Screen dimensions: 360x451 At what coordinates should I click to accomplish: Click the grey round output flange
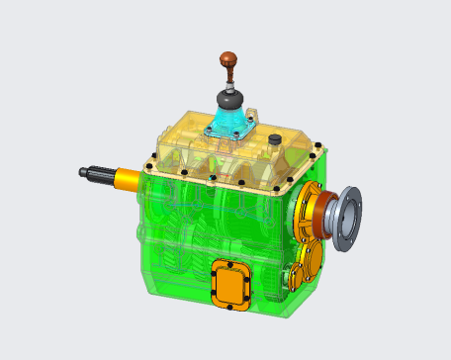[346, 218]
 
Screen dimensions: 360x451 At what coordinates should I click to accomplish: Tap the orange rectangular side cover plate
[232, 283]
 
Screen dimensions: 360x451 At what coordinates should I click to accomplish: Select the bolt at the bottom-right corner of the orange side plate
[248, 301]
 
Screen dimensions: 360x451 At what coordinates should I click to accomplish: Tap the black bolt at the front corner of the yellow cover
[214, 179]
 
